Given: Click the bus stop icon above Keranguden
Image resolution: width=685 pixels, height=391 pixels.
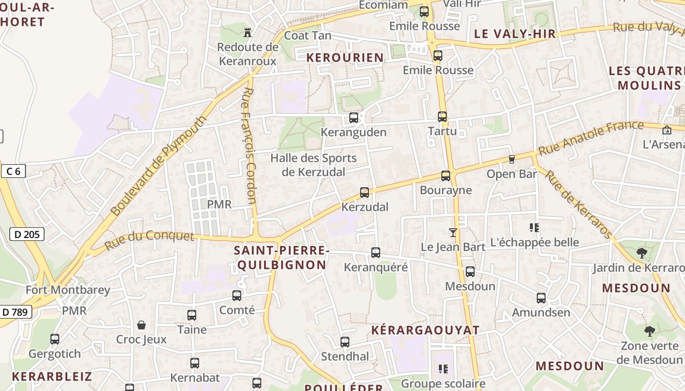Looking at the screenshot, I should point(353,118).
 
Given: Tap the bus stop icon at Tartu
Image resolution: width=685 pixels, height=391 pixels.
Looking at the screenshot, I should point(442,117).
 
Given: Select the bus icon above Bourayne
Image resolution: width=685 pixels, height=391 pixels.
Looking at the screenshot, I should point(445,176).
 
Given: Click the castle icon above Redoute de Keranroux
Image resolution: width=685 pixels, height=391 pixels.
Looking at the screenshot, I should point(248,33).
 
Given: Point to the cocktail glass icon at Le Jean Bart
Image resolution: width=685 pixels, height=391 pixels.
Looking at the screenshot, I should point(453,233).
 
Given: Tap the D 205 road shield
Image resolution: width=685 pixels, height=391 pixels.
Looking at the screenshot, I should point(27,235).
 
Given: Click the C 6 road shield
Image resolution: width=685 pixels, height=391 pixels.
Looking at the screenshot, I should point(13,171).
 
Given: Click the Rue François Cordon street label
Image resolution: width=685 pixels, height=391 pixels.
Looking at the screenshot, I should point(250,145).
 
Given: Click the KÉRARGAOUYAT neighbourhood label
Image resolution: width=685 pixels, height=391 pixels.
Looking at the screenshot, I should point(425,330).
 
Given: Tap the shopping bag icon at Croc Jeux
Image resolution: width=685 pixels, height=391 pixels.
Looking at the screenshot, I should point(141,325).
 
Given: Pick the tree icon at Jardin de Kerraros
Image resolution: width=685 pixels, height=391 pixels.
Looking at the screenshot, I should point(641,253).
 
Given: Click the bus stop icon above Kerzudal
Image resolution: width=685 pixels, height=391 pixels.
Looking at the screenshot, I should point(365,193).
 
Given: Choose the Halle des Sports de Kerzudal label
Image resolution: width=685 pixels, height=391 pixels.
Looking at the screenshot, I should point(314,165).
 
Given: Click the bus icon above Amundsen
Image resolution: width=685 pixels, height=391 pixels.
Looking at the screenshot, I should point(541,298).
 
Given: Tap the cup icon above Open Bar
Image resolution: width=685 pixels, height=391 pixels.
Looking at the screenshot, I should point(512,159).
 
